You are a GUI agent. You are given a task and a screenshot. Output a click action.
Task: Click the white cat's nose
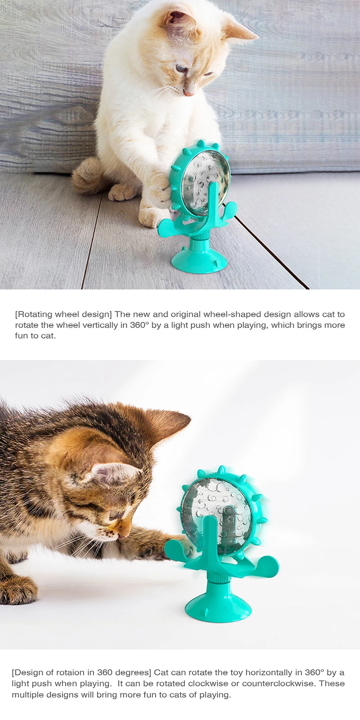tap(189, 94)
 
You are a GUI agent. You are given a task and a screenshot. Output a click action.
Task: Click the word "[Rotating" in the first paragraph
tap(34, 314)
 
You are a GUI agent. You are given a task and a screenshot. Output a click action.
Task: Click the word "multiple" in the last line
tap(27, 694)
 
